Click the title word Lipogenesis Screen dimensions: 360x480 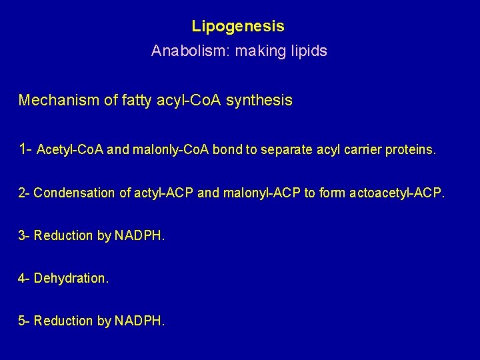[x=238, y=27]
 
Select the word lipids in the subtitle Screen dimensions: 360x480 [x=307, y=51]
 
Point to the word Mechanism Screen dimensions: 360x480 [x=57, y=101]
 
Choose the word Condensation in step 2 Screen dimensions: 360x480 [x=74, y=193]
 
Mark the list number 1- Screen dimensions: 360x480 [x=26, y=149]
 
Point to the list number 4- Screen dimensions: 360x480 [x=25, y=278]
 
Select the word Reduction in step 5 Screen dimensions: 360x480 [x=63, y=321]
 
